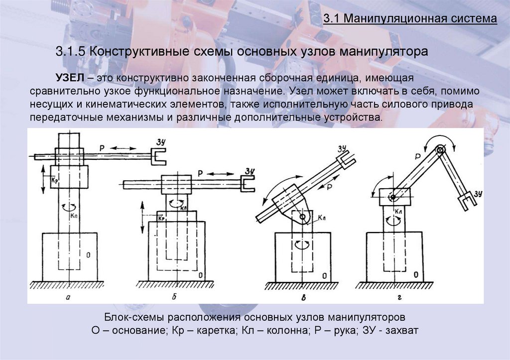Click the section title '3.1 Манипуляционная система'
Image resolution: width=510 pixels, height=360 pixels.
pyautogui.click(x=410, y=19)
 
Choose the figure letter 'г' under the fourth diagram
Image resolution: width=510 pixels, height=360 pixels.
pyautogui.click(x=399, y=297)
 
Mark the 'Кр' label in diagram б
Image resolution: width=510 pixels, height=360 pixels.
pyautogui.click(x=160, y=218)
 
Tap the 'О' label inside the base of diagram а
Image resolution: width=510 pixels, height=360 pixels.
pyautogui.click(x=88, y=254)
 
